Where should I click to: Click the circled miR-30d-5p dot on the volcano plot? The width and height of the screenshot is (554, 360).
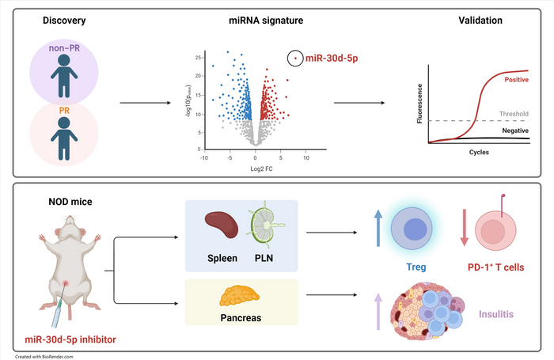296,57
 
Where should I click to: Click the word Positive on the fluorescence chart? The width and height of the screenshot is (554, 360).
516,79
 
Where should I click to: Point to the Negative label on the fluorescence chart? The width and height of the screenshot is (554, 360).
515,130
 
